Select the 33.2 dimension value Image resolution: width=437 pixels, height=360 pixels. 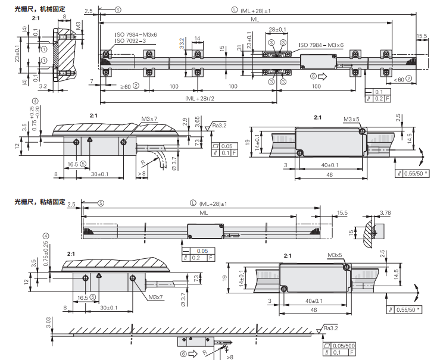pos(182,44)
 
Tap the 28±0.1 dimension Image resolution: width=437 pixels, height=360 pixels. pos(277,29)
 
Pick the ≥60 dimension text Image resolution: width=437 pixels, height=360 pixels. pos(126,87)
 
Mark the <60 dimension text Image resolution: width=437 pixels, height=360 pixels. pos(399,79)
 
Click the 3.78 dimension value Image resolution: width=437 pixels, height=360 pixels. pos(385,213)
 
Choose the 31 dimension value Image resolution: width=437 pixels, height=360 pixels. pos(239,48)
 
